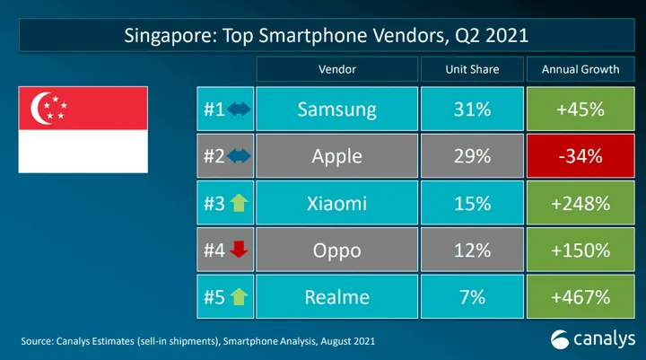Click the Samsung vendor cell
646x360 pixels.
(x=336, y=110)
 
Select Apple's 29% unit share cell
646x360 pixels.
(x=472, y=157)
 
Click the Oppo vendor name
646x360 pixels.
(x=336, y=250)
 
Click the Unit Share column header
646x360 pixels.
(x=472, y=69)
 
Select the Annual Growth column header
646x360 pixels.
(x=581, y=69)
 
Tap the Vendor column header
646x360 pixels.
(x=336, y=69)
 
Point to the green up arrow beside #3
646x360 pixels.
(x=238, y=204)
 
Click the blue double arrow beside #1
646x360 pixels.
(x=238, y=110)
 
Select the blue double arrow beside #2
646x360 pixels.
(x=238, y=157)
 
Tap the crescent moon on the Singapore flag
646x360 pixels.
(x=41, y=110)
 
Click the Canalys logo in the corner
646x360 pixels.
(x=592, y=339)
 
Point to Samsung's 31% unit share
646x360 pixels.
(x=472, y=110)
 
